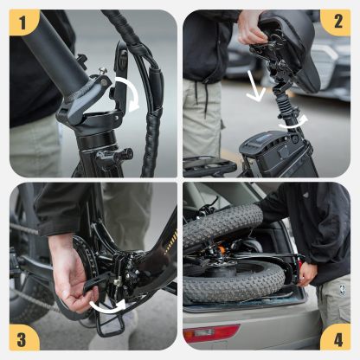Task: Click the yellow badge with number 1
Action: (23, 22)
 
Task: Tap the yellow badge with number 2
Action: (336, 22)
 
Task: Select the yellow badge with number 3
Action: (23, 336)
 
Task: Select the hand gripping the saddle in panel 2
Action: (253, 26)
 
